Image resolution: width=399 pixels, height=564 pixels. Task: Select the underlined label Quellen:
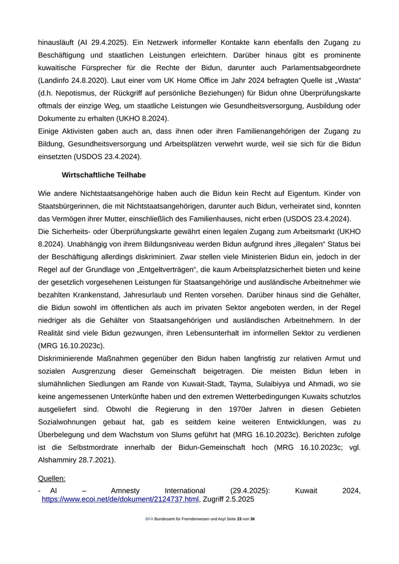click(52, 478)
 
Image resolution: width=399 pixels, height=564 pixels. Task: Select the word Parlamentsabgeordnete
click(321, 67)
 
